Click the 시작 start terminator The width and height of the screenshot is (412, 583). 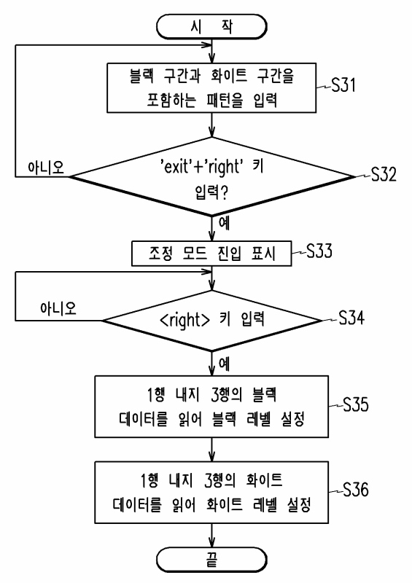pyautogui.click(x=211, y=27)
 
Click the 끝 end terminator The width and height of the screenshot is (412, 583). pyautogui.click(x=211, y=560)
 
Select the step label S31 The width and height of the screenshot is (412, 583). pyautogui.click(x=343, y=85)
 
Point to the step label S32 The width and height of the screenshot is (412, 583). pyautogui.click(x=384, y=174)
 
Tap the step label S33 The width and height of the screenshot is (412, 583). pyautogui.click(x=319, y=251)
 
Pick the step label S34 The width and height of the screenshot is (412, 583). pyautogui.click(x=351, y=318)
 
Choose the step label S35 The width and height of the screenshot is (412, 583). pyautogui.click(x=355, y=404)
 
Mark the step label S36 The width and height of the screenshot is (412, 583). pyautogui.click(x=355, y=490)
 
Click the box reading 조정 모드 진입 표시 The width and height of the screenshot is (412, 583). pyautogui.click(x=211, y=254)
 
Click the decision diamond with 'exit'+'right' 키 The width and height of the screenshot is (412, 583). pyautogui.click(x=211, y=176)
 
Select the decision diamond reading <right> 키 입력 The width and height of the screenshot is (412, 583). pyautogui.click(x=211, y=320)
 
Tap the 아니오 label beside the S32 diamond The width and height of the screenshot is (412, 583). pyautogui.click(x=46, y=168)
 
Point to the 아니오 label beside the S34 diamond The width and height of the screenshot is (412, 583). pyautogui.click(x=58, y=308)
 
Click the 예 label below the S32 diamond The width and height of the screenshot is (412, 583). pyautogui.click(x=224, y=223)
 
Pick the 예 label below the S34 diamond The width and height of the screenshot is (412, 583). pyautogui.click(x=224, y=363)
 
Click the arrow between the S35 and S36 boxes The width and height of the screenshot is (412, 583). pyautogui.click(x=211, y=450)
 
